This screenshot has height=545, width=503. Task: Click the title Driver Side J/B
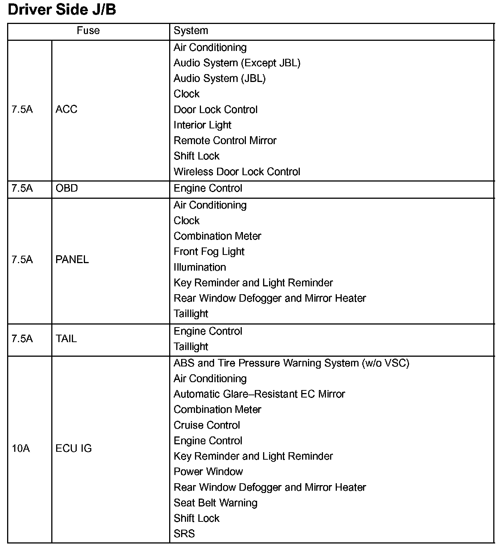[x=62, y=10]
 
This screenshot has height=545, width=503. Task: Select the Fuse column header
[x=88, y=31]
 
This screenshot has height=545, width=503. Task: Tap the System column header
[x=190, y=31]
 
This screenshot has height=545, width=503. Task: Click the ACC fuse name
[x=66, y=109]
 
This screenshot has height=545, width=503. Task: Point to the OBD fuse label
[x=67, y=188]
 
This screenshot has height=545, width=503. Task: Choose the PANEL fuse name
[x=72, y=259]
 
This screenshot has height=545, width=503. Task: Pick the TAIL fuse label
[x=66, y=339]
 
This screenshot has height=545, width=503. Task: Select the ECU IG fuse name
[x=73, y=448]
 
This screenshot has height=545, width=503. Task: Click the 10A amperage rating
[x=21, y=448]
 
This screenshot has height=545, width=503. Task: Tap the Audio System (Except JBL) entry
[x=237, y=63]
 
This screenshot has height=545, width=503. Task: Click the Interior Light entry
[x=202, y=125]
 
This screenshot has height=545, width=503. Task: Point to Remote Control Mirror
[x=225, y=140]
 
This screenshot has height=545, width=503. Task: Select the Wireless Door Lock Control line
[x=237, y=172]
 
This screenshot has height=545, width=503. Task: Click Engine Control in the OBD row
[x=208, y=188]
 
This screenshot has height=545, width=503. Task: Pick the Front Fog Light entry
[x=209, y=252]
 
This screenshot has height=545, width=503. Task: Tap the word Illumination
[x=200, y=267]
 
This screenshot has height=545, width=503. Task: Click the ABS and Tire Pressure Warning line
[x=291, y=363]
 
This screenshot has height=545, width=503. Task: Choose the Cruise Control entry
[x=207, y=425]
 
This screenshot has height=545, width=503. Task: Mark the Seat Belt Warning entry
[x=216, y=503]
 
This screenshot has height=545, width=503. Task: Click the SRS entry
[x=184, y=534]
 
